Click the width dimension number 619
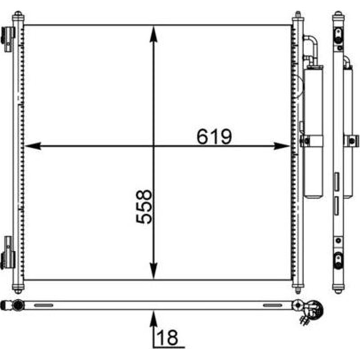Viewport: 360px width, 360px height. tap(214, 136)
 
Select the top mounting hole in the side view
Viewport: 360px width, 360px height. tap(338, 33)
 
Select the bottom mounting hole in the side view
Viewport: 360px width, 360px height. tap(338, 259)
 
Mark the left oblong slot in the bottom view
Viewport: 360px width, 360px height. tap(43, 305)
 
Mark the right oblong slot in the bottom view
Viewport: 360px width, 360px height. tap(272, 305)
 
